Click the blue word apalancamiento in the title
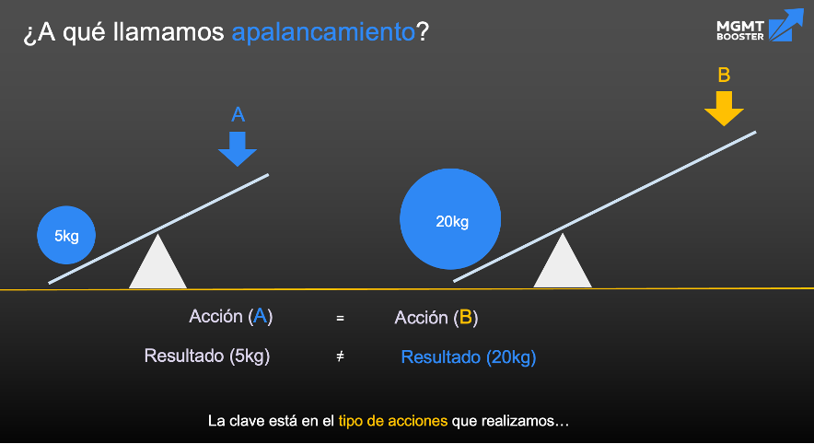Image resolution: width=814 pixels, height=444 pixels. point(323,32)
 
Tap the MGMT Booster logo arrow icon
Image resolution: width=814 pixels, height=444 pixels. point(786,24)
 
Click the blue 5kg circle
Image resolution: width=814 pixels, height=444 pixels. point(66,235)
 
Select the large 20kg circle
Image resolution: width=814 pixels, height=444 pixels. point(450,218)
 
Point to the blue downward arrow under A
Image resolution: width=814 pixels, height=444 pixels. point(238,148)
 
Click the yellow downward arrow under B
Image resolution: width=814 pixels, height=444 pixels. point(724,109)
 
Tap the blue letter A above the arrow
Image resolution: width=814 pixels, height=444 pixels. point(238,114)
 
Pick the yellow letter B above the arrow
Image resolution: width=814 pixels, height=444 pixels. point(724,75)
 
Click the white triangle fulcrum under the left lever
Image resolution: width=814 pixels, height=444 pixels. point(157,262)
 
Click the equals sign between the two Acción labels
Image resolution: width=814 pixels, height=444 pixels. point(340,318)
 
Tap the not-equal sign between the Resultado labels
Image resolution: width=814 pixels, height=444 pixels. point(340,356)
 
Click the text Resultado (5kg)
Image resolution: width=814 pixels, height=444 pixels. point(207,356)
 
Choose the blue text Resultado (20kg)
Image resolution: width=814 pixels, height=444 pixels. point(469,357)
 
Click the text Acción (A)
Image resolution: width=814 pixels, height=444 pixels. point(231,316)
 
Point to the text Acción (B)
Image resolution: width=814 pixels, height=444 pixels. point(436,317)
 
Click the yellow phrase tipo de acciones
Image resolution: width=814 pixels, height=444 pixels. point(393,421)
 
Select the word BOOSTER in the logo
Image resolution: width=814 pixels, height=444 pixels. point(740,37)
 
